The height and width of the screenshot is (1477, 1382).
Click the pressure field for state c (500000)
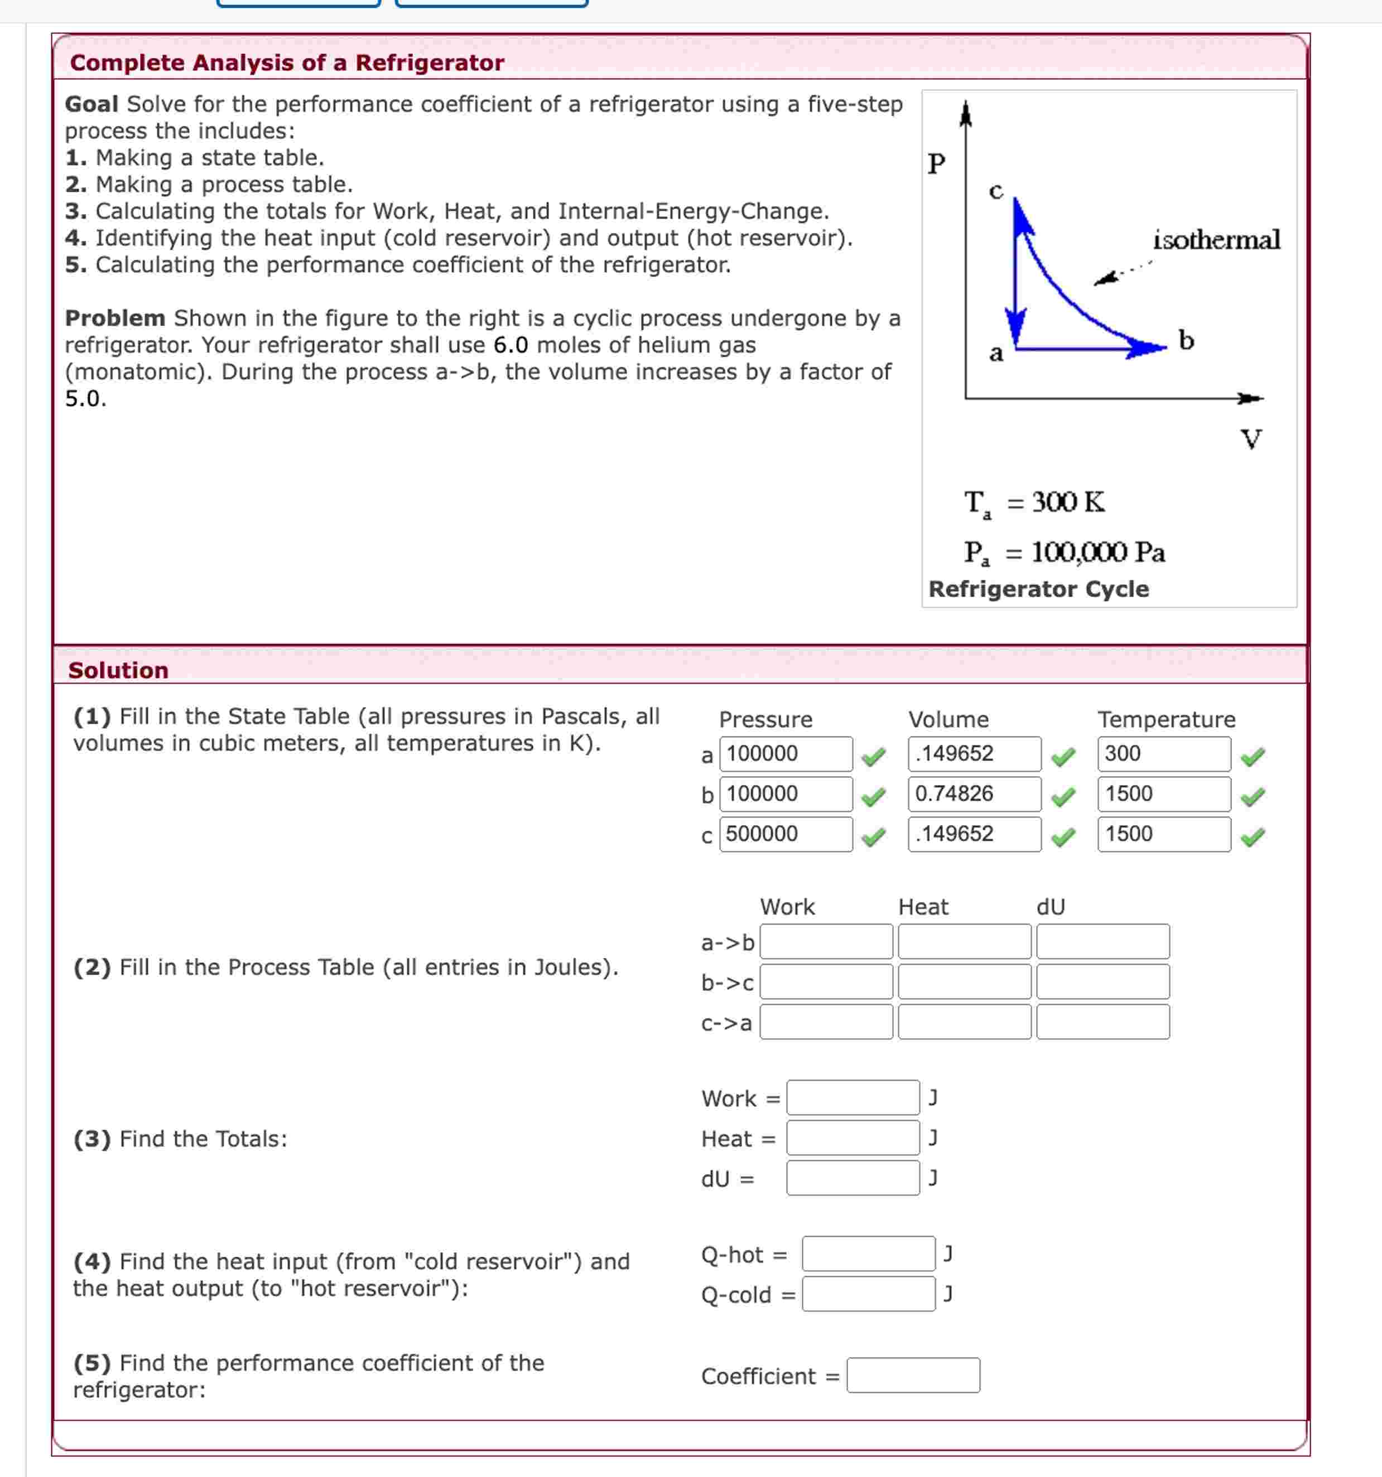click(785, 834)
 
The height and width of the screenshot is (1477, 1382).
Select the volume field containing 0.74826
click(974, 793)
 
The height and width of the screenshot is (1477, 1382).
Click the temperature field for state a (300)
click(1163, 753)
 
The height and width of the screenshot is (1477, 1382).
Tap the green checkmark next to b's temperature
click(1253, 797)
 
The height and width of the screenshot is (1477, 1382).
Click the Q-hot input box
click(868, 1254)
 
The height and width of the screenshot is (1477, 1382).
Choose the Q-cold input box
click(868, 1294)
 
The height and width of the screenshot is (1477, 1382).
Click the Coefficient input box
click(913, 1375)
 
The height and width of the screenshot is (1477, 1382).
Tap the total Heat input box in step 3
click(853, 1137)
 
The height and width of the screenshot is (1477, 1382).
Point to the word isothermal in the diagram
click(1216, 240)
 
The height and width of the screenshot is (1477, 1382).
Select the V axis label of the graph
click(1251, 439)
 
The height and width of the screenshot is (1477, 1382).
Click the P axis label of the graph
click(937, 163)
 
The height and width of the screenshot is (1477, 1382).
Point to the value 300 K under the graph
click(1067, 502)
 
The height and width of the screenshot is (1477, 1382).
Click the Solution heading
click(118, 670)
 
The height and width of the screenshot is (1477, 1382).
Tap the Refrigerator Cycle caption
click(1038, 589)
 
